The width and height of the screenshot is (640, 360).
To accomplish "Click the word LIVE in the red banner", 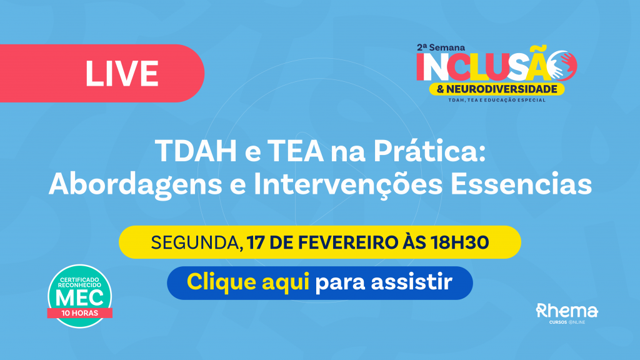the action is (x=122, y=74).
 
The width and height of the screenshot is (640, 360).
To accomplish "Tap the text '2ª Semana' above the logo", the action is (x=441, y=47).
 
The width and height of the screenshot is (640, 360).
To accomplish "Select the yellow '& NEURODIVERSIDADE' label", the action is (x=497, y=89).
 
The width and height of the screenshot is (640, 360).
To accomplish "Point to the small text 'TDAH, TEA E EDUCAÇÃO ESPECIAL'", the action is (x=497, y=100).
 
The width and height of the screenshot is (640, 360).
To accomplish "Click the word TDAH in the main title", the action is (x=196, y=151).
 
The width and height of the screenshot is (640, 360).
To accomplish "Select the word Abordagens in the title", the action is (x=135, y=185).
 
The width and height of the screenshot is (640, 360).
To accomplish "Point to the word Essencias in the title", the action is (x=521, y=184).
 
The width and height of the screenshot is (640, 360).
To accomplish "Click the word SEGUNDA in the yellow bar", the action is (x=195, y=243).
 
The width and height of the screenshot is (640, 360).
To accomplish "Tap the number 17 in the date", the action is (x=256, y=242).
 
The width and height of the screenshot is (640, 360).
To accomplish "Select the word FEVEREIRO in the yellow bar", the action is (x=347, y=242).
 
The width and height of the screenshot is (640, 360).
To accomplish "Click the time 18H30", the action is (x=459, y=242).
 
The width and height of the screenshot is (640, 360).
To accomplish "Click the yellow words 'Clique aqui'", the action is (x=247, y=282).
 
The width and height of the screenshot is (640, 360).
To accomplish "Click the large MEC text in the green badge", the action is (x=79, y=298).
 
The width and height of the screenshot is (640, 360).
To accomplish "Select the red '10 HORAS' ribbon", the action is (x=79, y=313).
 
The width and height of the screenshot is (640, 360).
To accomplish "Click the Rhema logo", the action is (x=567, y=314).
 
